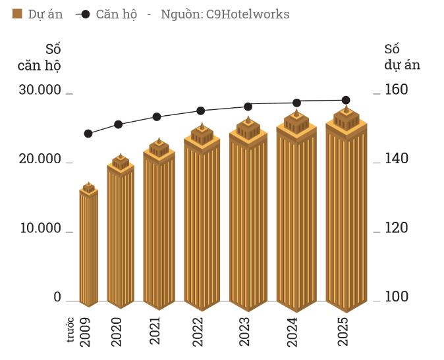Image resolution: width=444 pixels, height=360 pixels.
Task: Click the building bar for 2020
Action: point(121,234)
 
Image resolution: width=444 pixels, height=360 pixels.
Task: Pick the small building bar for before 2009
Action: point(89,247)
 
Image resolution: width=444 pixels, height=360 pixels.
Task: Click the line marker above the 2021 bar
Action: point(157,116)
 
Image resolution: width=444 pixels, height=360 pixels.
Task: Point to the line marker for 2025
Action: point(346,100)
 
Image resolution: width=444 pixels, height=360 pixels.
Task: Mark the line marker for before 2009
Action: point(88,134)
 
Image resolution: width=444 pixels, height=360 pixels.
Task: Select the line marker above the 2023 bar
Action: point(248,106)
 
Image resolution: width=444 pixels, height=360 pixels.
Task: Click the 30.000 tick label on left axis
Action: point(40,90)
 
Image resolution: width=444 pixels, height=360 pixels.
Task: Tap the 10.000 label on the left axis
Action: point(40,228)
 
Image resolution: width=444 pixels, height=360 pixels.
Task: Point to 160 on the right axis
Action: point(397,90)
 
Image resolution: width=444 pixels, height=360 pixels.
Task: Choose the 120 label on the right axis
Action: point(397,228)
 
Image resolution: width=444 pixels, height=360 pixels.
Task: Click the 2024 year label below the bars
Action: point(292,332)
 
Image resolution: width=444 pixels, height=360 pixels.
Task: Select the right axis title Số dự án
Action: point(402,57)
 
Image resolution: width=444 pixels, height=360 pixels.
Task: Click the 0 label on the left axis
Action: point(57,297)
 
